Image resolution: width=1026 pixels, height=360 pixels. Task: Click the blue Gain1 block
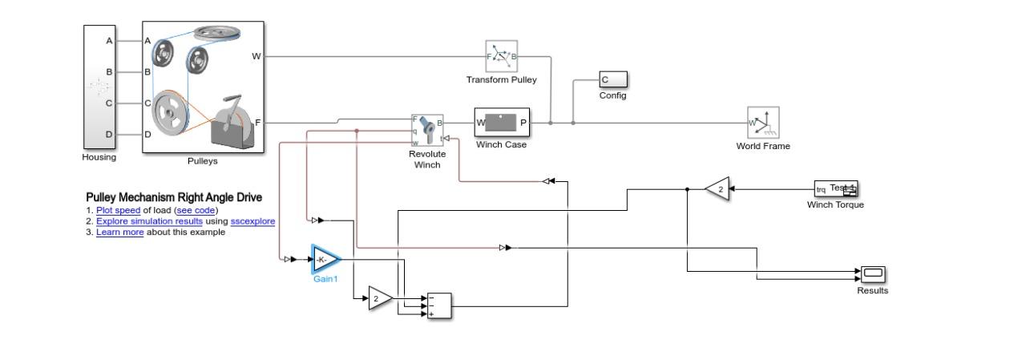[x=325, y=259]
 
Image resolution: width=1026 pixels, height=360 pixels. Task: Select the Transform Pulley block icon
[x=501, y=56]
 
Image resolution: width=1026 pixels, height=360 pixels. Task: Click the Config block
[x=613, y=79]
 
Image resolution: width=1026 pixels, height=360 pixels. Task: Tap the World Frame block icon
[x=763, y=123]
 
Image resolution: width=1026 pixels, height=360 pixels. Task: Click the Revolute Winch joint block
[x=427, y=130]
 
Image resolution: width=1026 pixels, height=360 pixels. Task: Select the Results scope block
[x=873, y=275]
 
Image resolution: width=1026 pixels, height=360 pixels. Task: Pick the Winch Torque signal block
[x=835, y=189]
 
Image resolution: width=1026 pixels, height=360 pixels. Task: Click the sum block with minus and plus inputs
[x=438, y=305]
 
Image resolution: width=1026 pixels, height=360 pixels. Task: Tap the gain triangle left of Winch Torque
[x=718, y=189]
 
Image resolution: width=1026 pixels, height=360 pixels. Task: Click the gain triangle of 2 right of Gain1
[x=380, y=298]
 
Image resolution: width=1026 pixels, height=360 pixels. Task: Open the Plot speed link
[x=118, y=210]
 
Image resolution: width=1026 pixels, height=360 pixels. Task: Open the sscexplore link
[x=252, y=221]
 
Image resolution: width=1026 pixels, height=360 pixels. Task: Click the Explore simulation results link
[x=149, y=221]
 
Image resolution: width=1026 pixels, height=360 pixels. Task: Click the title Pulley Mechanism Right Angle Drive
[x=174, y=197]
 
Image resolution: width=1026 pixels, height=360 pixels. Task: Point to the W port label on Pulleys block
[x=256, y=56]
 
